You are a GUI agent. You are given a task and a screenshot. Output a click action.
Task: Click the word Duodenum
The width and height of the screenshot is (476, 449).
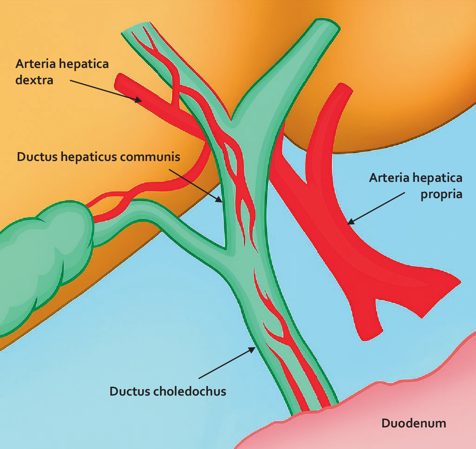pos(413,423)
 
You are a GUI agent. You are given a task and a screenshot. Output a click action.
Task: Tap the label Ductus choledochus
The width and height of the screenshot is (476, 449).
pos(168,391)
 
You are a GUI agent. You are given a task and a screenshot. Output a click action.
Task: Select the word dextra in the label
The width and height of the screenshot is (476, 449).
pos(34,80)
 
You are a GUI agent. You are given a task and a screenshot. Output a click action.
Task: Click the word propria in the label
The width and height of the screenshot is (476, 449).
pos(441,194)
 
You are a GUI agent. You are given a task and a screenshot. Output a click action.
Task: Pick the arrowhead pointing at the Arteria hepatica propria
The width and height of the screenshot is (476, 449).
pos(350,222)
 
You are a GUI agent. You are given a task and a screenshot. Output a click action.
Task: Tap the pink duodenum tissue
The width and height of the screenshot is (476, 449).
pos(371,418)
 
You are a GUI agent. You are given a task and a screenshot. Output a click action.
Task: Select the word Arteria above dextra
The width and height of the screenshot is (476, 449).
pos(36,64)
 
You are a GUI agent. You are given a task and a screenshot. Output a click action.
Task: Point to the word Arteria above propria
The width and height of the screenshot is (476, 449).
pos(389,178)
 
